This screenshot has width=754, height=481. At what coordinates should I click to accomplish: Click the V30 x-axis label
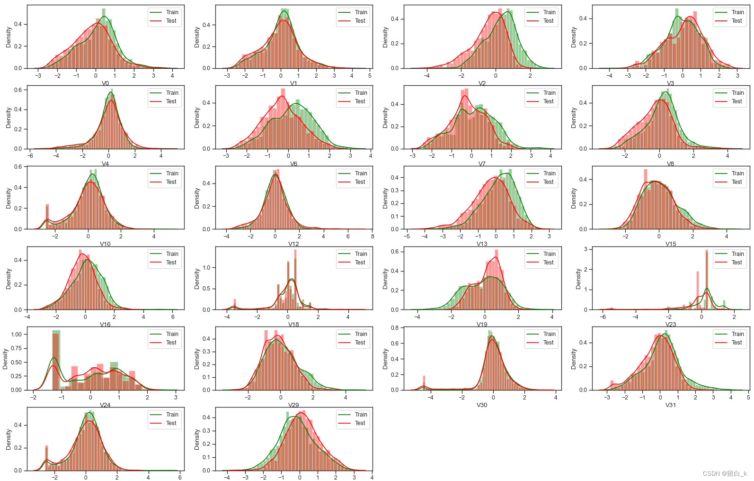482,405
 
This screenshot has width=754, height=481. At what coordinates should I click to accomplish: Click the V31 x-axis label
670,405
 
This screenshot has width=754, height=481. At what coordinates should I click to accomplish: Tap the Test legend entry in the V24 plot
171,343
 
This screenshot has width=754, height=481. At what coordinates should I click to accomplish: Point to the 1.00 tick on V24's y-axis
16,335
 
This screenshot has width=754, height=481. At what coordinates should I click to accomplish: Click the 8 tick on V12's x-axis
372,236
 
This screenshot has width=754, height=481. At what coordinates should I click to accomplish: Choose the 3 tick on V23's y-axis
585,249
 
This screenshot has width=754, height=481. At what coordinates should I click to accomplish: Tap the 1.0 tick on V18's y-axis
206,268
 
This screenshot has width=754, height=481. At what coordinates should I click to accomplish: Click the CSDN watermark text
725,473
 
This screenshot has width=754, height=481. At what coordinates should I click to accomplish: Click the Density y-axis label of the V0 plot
9,37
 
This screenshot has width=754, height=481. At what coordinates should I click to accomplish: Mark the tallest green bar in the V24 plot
56,360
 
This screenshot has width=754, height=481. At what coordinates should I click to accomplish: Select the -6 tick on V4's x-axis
30,156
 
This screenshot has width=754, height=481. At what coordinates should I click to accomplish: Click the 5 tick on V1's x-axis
369,76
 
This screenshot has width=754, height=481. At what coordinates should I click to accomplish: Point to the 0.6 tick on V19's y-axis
395,252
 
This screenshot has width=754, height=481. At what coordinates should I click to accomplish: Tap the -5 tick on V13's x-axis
407,236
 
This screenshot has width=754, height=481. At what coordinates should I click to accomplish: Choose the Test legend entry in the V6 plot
360,101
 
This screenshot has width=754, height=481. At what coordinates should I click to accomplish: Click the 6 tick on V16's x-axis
173,317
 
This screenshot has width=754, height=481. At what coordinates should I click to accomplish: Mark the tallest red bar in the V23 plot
707,280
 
